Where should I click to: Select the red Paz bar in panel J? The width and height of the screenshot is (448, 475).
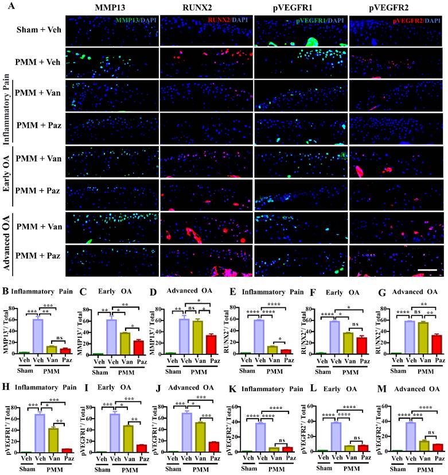(214, 447)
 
